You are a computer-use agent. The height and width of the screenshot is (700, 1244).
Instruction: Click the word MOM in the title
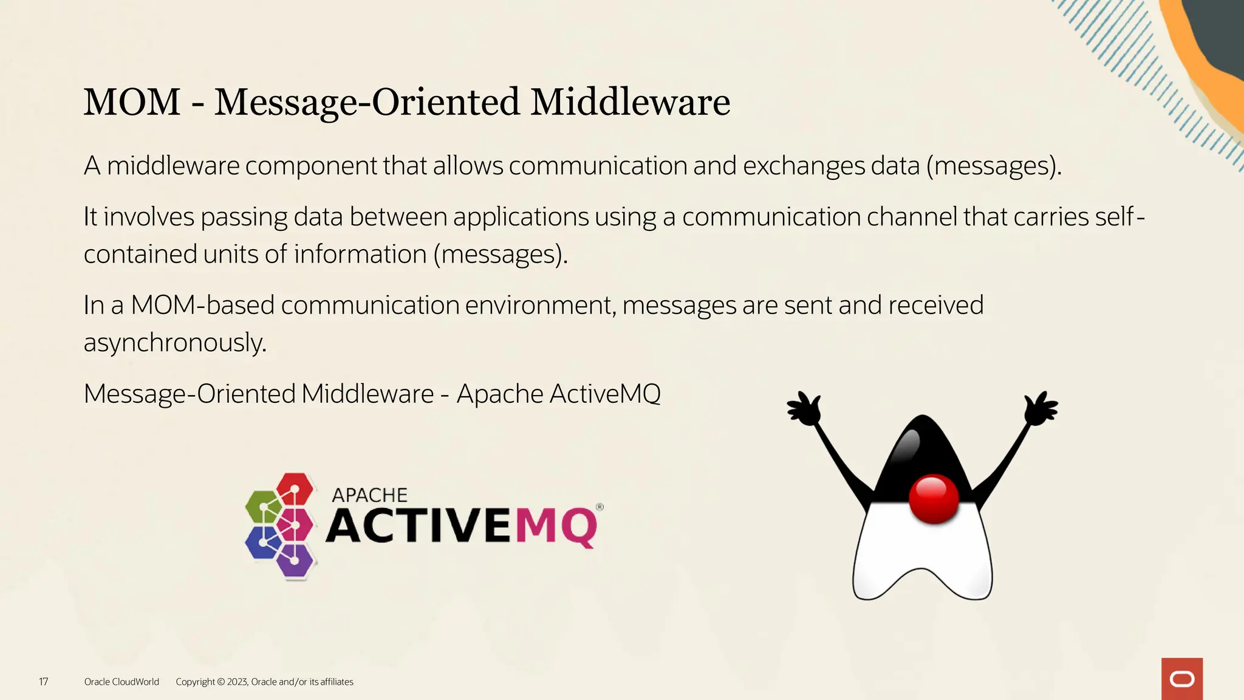(132, 102)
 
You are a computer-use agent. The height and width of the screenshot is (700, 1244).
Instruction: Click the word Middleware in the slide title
(630, 102)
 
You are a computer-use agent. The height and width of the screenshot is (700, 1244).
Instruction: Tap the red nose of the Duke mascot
(934, 499)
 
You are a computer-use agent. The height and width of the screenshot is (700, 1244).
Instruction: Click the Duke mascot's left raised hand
(804, 409)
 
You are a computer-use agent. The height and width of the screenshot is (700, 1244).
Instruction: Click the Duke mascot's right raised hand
(1041, 408)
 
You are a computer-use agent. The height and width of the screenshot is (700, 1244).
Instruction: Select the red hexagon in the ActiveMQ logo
(295, 489)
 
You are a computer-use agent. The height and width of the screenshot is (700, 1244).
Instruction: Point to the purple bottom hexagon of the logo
(295, 560)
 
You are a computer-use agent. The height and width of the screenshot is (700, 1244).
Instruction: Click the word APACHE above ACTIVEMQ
(369, 495)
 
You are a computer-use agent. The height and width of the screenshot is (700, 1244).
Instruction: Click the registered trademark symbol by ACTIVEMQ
(600, 507)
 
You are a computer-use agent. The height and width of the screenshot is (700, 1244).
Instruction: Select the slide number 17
(44, 682)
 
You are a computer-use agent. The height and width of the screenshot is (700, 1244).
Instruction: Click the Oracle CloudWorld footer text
(121, 682)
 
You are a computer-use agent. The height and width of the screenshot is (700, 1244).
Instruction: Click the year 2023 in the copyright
(237, 682)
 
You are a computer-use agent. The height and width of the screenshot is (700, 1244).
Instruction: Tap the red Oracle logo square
(1181, 679)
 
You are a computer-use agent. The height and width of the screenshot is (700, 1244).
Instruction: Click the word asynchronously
(175, 343)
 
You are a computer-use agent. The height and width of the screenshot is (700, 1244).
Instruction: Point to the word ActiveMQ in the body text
(604, 394)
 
